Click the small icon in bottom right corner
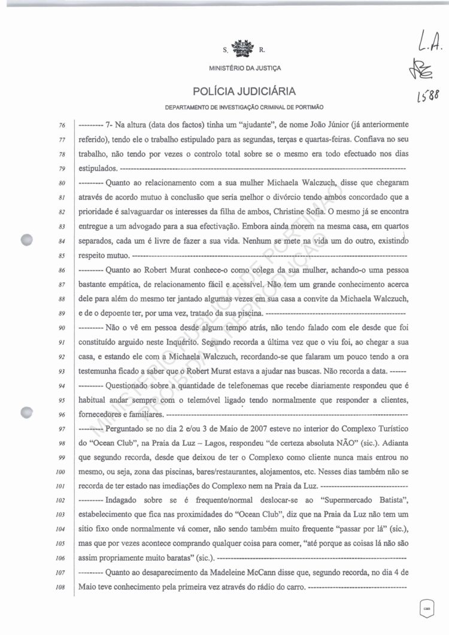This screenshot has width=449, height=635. tap(426, 607)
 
